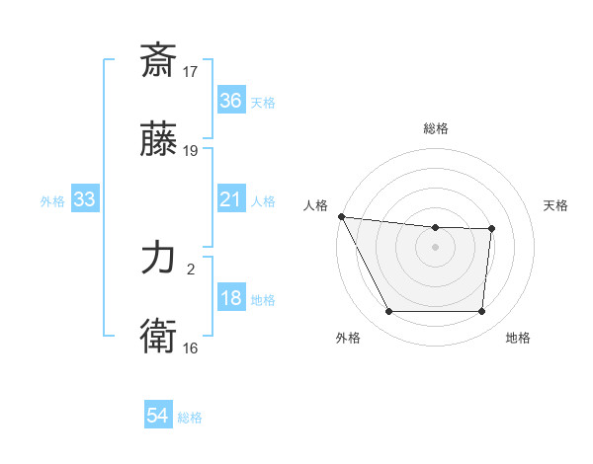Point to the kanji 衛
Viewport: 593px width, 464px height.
(x=159, y=336)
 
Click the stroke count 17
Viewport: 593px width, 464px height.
(x=192, y=71)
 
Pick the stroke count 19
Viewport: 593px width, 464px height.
(x=192, y=150)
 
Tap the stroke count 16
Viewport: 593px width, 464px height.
(x=192, y=348)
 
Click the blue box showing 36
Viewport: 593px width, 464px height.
(x=230, y=101)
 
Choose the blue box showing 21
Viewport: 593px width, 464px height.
(x=230, y=199)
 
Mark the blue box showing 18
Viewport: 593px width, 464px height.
(x=230, y=298)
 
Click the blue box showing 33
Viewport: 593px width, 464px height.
(x=85, y=199)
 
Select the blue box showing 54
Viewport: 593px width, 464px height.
(x=157, y=417)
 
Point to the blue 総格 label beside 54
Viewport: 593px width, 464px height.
(x=190, y=418)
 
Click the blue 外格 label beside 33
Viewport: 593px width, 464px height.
(x=52, y=200)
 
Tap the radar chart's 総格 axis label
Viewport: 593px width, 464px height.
(x=435, y=128)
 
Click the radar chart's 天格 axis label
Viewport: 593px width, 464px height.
(x=555, y=205)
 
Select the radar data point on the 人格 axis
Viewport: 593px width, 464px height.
(x=341, y=216)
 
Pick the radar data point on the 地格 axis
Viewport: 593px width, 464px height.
(x=481, y=312)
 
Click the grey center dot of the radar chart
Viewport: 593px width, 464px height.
(x=435, y=247)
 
